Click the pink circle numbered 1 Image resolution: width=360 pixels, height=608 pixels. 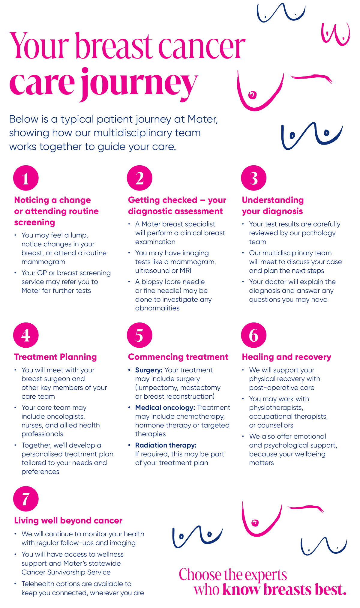click(x=26, y=178)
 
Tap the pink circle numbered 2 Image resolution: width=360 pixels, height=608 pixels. click(x=139, y=178)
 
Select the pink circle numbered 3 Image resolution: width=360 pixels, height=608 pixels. click(x=253, y=178)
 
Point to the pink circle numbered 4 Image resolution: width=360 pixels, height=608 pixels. click(x=26, y=335)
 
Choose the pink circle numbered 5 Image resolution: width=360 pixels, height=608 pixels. click(x=139, y=335)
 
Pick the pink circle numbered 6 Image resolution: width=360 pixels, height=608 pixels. click(x=253, y=335)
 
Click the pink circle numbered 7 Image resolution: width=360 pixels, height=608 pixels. click(x=26, y=499)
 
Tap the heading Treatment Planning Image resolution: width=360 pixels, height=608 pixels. click(x=55, y=357)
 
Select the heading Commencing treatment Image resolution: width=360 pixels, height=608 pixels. click(x=178, y=357)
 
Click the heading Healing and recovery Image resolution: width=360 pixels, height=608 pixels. click(x=286, y=357)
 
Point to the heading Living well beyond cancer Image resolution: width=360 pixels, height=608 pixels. click(x=68, y=520)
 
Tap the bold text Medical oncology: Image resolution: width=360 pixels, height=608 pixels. click(x=165, y=407)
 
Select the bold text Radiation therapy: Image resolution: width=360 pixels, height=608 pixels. click(x=166, y=445)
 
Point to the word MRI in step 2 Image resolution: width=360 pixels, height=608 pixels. click(x=185, y=270)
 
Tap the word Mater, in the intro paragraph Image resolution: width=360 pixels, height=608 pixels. click(x=203, y=119)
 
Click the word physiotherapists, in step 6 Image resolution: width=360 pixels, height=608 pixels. click(x=276, y=407)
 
